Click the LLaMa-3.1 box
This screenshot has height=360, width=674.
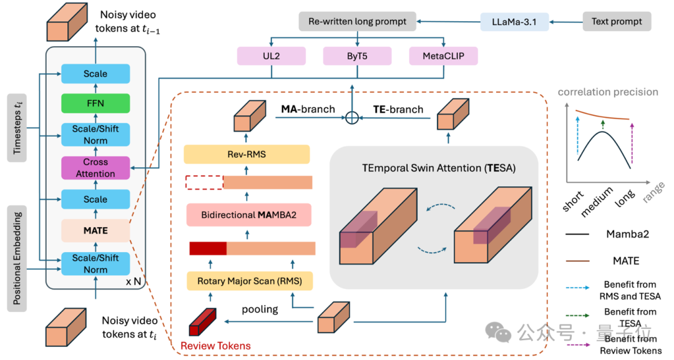pyautogui.click(x=513, y=22)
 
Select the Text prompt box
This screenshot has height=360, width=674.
pyautogui.click(x=617, y=22)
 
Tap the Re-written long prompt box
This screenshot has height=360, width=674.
pyautogui.click(x=357, y=22)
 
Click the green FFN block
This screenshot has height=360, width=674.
pyautogui.click(x=95, y=104)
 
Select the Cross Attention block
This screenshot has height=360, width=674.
pyautogui.click(x=95, y=167)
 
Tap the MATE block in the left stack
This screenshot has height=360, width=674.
pyautogui.click(x=95, y=230)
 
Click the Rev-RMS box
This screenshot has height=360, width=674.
pyautogui.click(x=247, y=154)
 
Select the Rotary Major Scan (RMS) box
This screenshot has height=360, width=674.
pyautogui.click(x=249, y=281)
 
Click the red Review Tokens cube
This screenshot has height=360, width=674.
pyautogui.click(x=201, y=323)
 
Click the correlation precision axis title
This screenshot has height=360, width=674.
pyautogui.click(x=608, y=92)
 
